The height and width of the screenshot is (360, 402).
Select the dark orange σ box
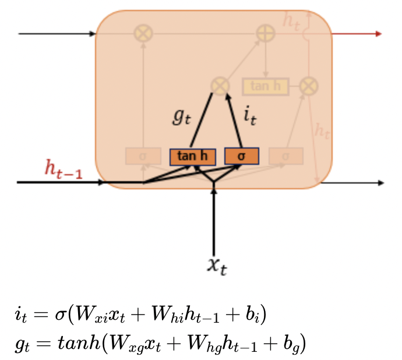[241, 157]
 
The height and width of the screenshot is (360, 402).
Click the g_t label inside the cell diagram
[181, 117]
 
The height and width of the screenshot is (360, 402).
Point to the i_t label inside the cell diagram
[249, 117]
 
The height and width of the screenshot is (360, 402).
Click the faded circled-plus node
[266, 33]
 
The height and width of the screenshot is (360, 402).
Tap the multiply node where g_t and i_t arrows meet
[220, 86]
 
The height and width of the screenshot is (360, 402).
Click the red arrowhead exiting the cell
[379, 34]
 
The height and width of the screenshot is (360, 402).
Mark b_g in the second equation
[292, 344]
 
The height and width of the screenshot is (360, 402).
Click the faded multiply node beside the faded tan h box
[309, 86]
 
